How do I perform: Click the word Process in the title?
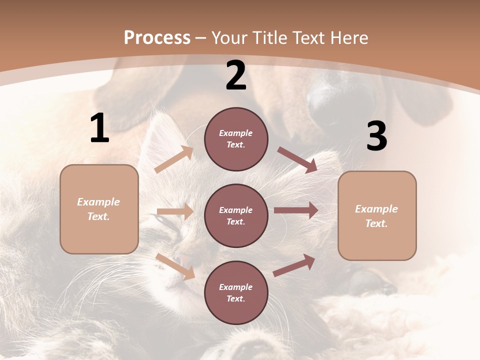click(157, 37)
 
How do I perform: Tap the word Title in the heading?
click(270, 37)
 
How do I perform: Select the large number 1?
click(99, 128)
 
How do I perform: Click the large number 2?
click(236, 76)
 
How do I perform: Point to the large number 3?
click(376, 136)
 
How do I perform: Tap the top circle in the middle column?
click(236, 139)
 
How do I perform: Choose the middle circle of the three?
click(236, 215)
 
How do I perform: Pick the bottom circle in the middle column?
click(236, 292)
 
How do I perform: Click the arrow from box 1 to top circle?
click(174, 159)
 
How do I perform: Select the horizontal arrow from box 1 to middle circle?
click(175, 211)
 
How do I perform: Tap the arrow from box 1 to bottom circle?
click(175, 266)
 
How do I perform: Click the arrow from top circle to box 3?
click(297, 160)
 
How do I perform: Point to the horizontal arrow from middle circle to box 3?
click(295, 210)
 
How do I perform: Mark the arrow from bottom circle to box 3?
click(294, 265)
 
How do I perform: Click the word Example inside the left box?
click(98, 202)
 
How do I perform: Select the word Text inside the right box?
click(376, 223)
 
